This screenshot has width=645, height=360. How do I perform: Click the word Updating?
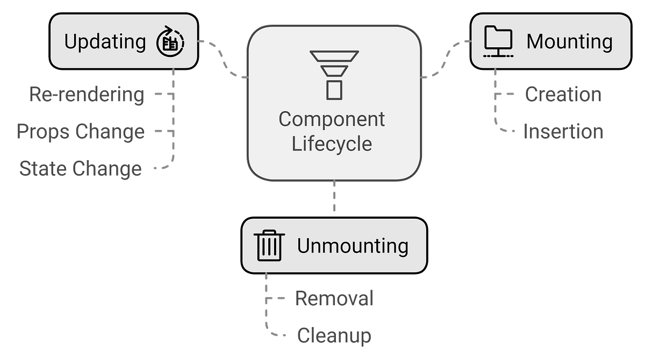(x=105, y=42)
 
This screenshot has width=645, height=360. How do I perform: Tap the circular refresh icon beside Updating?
(x=170, y=41)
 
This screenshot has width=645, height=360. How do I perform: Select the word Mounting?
(x=569, y=42)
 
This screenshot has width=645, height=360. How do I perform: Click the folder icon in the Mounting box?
(x=498, y=41)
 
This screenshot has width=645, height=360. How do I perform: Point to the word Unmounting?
(x=353, y=246)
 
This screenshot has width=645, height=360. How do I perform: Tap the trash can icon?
(x=269, y=246)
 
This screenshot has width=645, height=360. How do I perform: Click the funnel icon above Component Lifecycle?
(x=334, y=75)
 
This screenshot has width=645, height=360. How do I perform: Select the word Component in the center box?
(x=332, y=119)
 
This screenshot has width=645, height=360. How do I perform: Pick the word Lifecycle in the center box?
(x=332, y=143)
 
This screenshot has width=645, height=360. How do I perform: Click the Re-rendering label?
(x=87, y=95)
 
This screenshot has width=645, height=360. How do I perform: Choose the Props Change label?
(x=81, y=132)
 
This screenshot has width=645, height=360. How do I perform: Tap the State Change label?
(x=80, y=169)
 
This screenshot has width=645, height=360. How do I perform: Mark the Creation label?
(x=563, y=94)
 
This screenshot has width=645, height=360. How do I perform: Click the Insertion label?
(x=563, y=132)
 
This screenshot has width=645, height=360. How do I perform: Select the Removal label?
(x=334, y=298)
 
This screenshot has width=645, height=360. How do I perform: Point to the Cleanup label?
(x=334, y=336)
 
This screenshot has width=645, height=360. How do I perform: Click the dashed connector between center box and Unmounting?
(x=334, y=196)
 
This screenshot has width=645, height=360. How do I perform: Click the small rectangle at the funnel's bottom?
(x=334, y=90)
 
